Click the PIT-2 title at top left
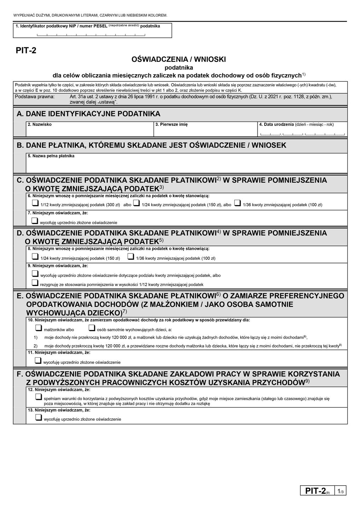click(26, 51)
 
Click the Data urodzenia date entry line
click(302, 134)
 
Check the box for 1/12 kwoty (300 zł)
click(35, 203)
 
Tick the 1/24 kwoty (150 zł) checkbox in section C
click(136, 203)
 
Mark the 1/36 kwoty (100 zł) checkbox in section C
click(237, 203)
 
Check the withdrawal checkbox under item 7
click(35, 221)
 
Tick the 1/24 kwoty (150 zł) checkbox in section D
click(35, 257)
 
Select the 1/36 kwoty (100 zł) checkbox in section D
click(130, 257)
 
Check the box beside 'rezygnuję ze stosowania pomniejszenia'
click(35, 283)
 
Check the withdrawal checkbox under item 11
click(38, 361)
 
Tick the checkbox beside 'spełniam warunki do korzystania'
click(39, 397)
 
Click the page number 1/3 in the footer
click(341, 491)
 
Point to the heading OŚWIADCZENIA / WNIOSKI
click(178, 59)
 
